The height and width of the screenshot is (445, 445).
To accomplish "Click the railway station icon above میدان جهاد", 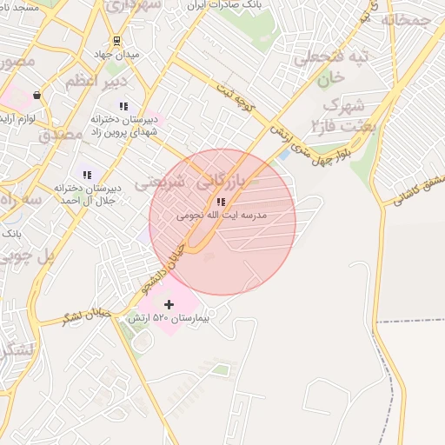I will click(116, 41).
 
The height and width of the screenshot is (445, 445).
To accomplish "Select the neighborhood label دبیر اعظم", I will click(97, 81).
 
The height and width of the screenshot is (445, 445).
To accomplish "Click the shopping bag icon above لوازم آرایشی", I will click(37, 96).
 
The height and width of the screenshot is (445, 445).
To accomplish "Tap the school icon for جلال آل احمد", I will click(86, 175).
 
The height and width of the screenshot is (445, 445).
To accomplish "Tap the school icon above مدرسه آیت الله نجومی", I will click(220, 202).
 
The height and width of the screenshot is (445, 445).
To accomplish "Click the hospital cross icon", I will click(169, 304).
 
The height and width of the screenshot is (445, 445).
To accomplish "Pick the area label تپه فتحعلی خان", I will click(335, 68).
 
